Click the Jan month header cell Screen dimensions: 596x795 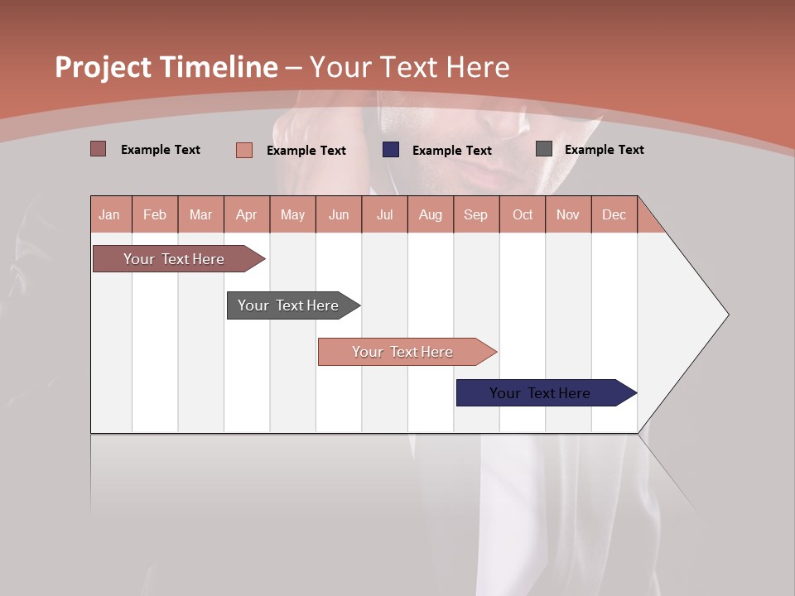110,214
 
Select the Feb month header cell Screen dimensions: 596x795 155,214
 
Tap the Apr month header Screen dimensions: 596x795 247,214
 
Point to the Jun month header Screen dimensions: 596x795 339,214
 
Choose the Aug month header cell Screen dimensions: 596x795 431,214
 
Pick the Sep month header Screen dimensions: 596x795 476,214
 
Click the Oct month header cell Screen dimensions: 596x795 523,214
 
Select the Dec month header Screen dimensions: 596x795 614,214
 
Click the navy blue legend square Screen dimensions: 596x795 391,150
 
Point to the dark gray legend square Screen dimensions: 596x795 544,149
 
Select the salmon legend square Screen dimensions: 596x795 244,150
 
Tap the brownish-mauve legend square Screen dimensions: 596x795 99,149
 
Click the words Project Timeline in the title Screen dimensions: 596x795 166,67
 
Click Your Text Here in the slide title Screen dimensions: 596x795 410,67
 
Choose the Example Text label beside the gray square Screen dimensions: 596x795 604,150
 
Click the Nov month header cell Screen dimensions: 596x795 568,214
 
